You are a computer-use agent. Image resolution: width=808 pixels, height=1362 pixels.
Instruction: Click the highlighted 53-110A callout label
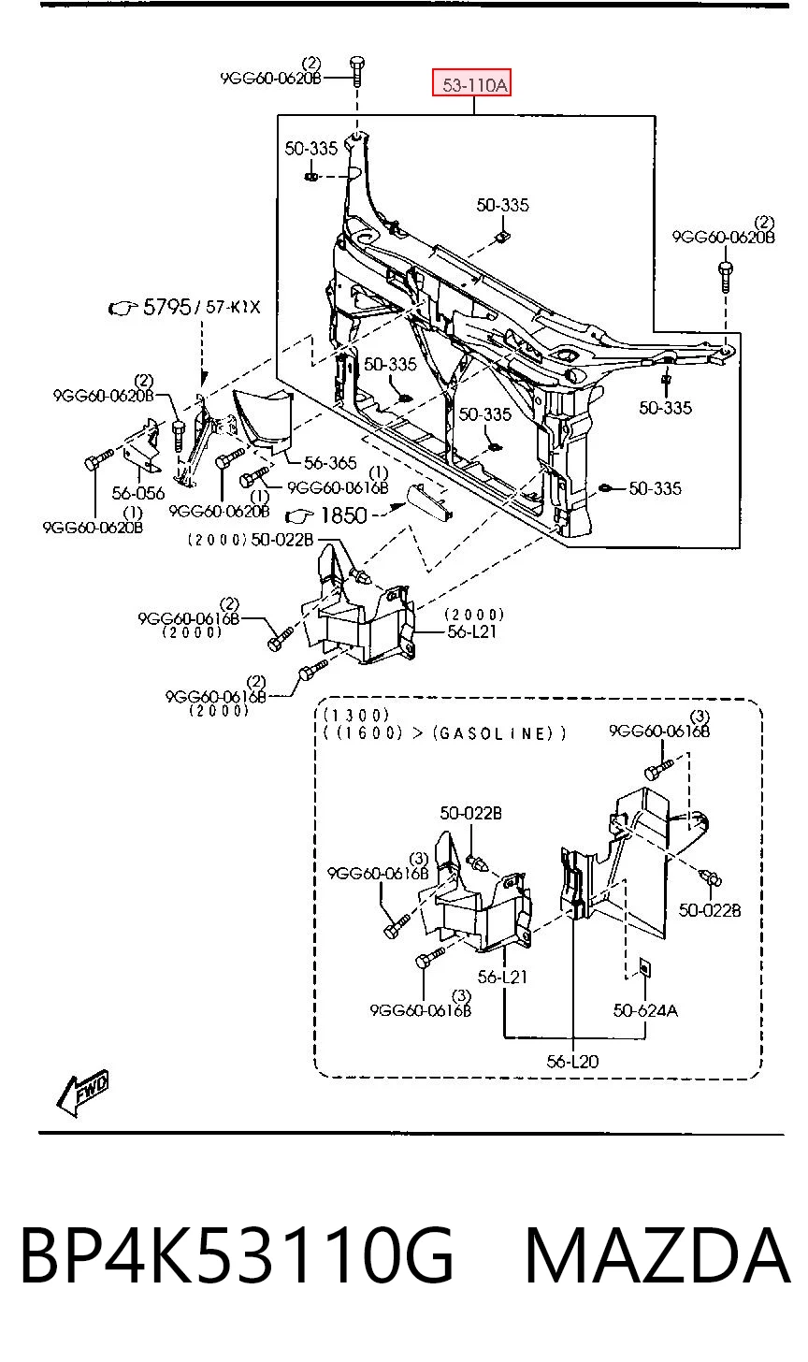click(x=471, y=83)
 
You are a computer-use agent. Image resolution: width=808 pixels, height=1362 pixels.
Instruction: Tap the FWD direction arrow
click(x=82, y=1093)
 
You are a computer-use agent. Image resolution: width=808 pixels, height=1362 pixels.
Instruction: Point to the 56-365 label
click(x=330, y=463)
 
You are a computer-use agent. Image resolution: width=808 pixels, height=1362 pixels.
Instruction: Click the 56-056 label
click(x=138, y=492)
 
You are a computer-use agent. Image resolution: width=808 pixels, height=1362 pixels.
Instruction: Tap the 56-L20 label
click(x=572, y=1062)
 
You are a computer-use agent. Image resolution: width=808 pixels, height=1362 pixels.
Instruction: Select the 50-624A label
click(x=645, y=1010)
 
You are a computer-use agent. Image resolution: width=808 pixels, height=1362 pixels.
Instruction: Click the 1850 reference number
click(x=343, y=515)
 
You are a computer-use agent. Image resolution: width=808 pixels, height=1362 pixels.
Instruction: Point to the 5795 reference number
click(x=167, y=307)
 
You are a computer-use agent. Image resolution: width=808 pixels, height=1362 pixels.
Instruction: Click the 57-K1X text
click(x=233, y=307)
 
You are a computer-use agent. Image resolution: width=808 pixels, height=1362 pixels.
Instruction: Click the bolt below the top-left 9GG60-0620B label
click(x=357, y=72)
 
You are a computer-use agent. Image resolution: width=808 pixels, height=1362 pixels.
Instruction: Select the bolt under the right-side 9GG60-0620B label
click(x=726, y=276)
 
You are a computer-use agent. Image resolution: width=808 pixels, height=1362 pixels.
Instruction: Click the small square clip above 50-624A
click(x=642, y=965)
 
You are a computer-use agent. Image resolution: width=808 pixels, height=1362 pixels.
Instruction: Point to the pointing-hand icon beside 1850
click(x=299, y=517)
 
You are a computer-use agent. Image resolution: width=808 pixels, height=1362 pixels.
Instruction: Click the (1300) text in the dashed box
click(x=355, y=715)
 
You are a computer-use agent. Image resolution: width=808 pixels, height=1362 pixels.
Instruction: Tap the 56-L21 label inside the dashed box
click(x=502, y=978)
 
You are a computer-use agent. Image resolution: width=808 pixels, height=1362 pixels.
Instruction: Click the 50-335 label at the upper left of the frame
click(x=310, y=149)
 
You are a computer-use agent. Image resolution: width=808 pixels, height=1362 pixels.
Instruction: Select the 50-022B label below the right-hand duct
click(x=710, y=910)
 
